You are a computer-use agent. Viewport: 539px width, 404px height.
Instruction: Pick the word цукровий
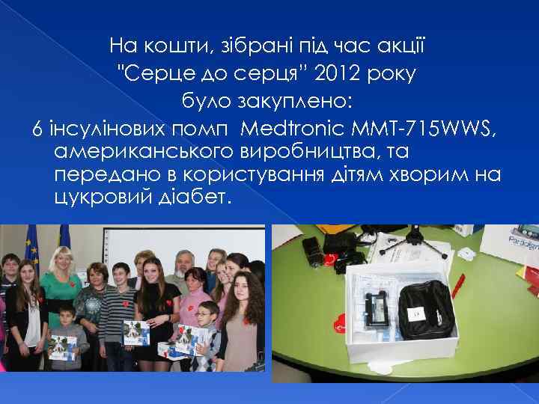(93, 199)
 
